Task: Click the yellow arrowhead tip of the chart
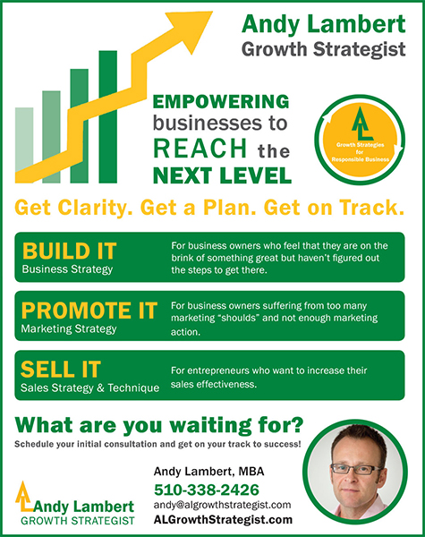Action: click(211, 13)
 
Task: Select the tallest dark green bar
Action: click(108, 116)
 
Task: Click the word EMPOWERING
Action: click(221, 102)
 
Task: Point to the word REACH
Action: click(200, 148)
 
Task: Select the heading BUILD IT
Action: click(70, 251)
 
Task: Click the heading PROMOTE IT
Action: click(89, 311)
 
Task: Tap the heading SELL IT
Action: click(61, 369)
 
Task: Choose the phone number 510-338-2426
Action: click(207, 490)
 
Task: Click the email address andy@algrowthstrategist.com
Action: click(222, 505)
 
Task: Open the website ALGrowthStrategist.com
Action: click(223, 519)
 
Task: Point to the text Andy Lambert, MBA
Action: click(208, 472)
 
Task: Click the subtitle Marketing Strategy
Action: click(69, 329)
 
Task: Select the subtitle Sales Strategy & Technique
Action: click(90, 388)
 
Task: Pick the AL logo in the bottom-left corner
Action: click(24, 495)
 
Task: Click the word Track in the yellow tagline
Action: click(372, 208)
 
